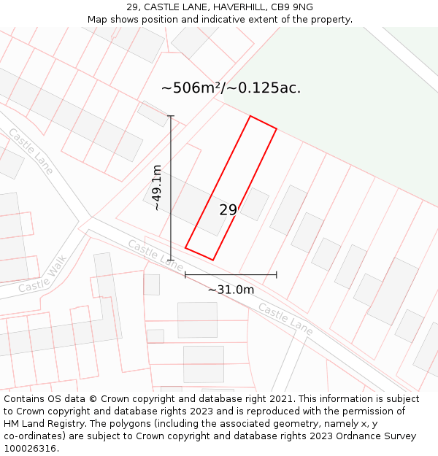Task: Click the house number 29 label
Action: click(x=228, y=210)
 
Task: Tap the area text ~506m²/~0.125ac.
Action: click(x=231, y=88)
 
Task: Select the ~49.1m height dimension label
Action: click(x=156, y=188)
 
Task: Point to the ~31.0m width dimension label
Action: click(x=231, y=290)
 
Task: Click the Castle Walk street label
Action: click(x=42, y=274)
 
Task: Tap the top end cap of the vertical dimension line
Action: click(x=171, y=116)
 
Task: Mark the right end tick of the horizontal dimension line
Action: click(x=277, y=274)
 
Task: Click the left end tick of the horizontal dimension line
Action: click(x=185, y=274)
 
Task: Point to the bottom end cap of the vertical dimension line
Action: click(x=171, y=260)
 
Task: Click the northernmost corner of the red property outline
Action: click(x=250, y=116)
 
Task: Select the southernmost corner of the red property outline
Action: click(x=212, y=260)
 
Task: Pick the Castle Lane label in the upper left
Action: click(x=31, y=151)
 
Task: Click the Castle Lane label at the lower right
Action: click(x=285, y=320)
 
